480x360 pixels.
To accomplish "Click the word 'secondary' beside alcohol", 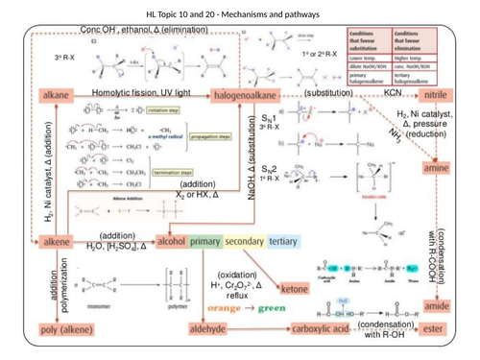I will [x=243, y=243].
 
